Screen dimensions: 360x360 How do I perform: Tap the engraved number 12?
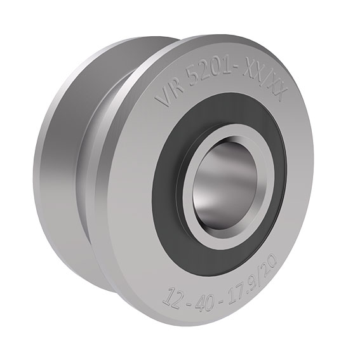coord(173,297)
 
